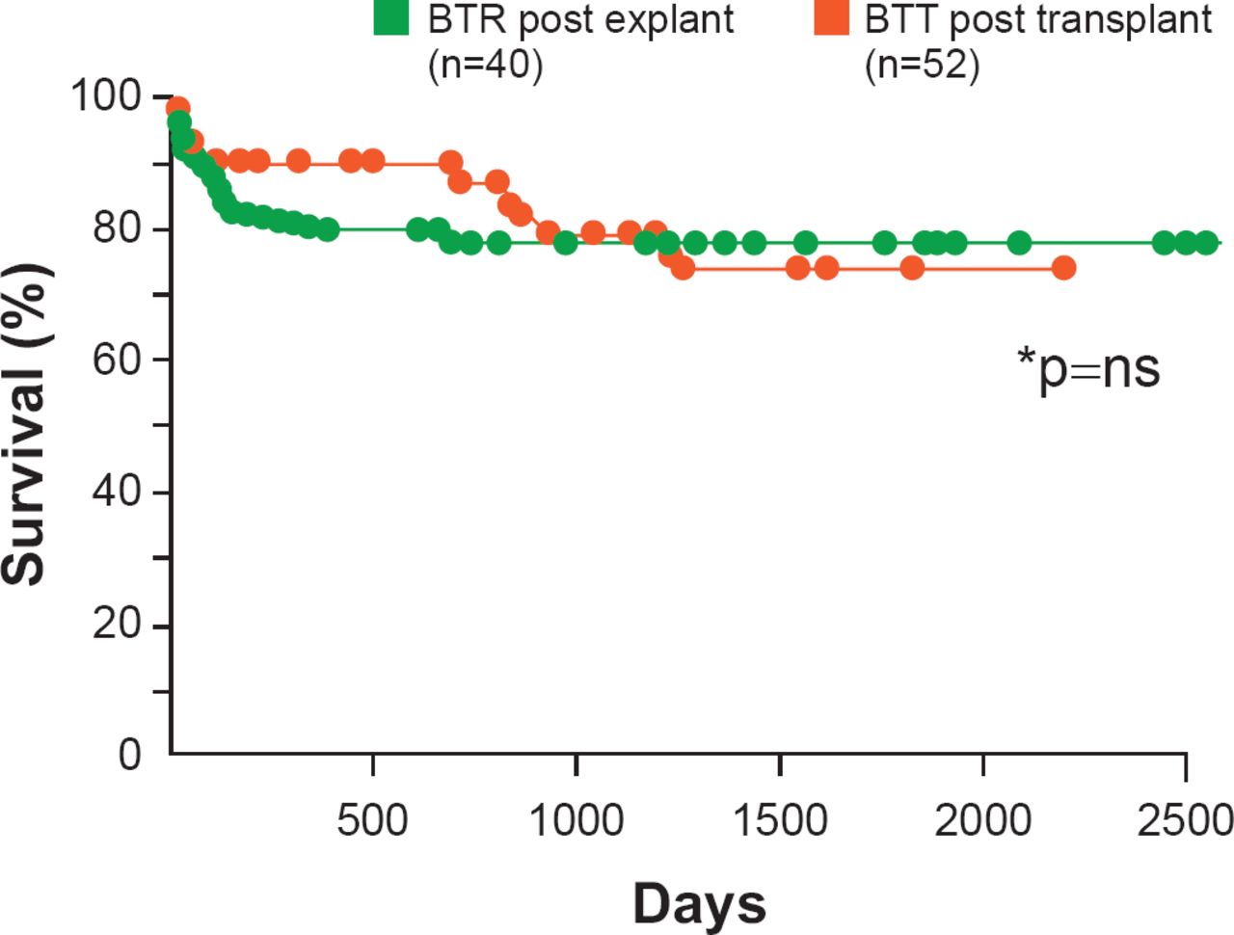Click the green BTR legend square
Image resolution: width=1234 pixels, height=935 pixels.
[390, 17]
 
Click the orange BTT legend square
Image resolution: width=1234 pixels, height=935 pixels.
[831, 17]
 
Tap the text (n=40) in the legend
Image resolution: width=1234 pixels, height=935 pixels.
[485, 66]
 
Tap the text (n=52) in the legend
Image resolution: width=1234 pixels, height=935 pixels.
[922, 66]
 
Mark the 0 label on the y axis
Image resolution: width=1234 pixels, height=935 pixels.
[130, 755]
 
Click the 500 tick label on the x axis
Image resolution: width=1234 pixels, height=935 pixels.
[372, 820]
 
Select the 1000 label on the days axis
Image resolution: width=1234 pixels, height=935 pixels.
[577, 820]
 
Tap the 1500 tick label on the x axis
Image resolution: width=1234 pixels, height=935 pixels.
[780, 820]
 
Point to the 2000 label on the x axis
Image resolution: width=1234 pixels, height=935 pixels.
[983, 820]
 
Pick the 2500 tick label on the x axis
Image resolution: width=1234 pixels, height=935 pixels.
[1185, 820]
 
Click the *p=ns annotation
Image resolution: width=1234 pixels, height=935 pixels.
[1088, 368]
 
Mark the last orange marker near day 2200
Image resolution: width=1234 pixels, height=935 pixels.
[1063, 268]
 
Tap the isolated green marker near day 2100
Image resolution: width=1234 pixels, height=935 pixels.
[1019, 243]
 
